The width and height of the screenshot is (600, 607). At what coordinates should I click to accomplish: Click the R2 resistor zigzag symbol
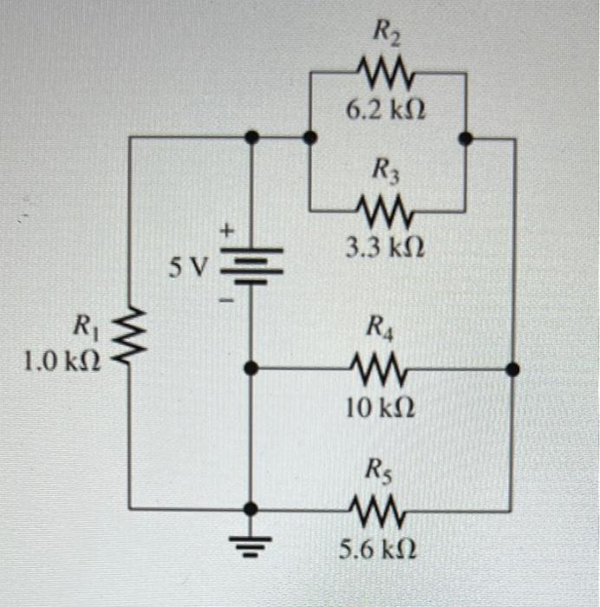click(x=388, y=75)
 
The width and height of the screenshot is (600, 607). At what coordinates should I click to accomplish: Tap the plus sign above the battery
click(x=228, y=232)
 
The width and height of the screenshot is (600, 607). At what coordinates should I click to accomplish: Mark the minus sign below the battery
click(x=228, y=300)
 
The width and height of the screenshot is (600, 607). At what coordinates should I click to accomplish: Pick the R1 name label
click(x=86, y=328)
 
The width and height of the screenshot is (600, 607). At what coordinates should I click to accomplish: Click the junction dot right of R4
click(x=513, y=370)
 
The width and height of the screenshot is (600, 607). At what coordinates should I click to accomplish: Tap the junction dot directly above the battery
click(x=251, y=137)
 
